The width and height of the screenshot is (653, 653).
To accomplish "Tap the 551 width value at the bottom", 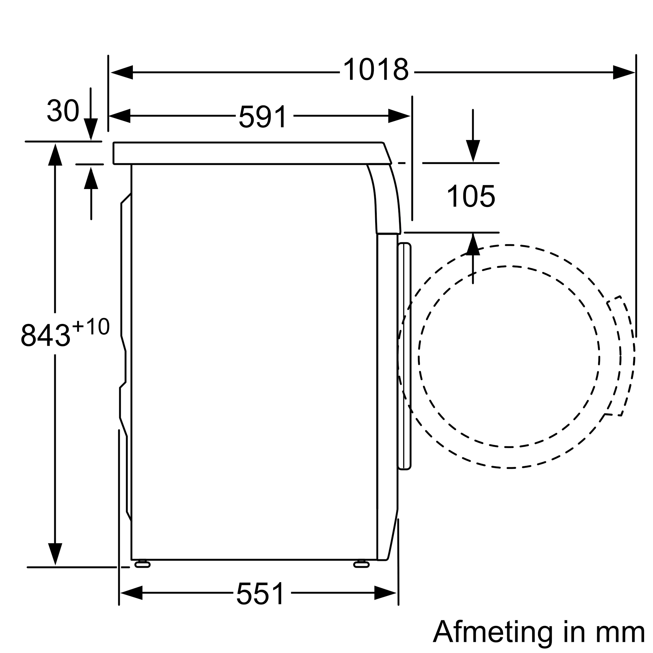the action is [x=261, y=594].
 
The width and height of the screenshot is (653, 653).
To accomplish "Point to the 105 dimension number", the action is [x=471, y=196].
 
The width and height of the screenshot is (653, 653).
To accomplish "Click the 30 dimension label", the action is [x=63, y=111].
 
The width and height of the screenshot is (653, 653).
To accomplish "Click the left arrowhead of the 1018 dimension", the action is [x=122, y=72].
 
